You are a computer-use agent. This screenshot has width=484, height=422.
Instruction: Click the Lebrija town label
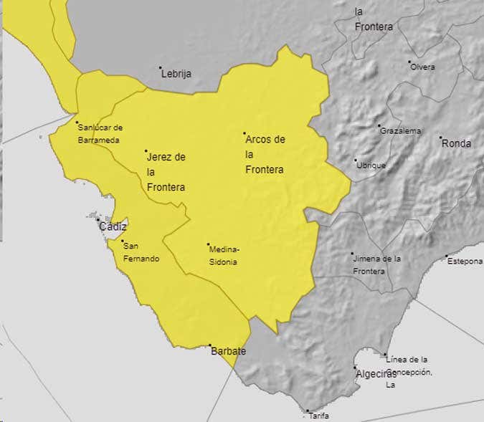(176, 73)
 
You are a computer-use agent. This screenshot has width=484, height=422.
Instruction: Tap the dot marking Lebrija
(161, 68)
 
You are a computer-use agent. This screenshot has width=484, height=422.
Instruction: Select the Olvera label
(424, 67)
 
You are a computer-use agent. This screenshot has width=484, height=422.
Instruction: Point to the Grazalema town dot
(380, 126)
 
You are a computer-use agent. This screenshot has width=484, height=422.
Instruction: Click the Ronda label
(457, 143)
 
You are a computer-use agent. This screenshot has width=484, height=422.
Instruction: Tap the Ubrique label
(371, 166)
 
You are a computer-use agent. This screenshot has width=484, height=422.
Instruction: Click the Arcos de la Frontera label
(265, 155)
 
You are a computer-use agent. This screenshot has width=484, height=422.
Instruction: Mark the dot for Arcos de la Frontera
(245, 133)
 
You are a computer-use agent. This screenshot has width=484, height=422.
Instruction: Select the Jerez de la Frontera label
(166, 172)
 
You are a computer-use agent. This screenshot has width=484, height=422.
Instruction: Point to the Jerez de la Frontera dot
(146, 151)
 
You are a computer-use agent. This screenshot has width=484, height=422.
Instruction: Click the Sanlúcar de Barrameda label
(100, 134)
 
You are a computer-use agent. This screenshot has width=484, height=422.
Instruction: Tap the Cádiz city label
(113, 226)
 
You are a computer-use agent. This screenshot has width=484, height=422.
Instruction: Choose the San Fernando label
(141, 252)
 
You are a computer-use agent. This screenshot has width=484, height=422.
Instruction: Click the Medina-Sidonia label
(224, 256)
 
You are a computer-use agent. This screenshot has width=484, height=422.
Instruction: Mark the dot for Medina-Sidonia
(209, 244)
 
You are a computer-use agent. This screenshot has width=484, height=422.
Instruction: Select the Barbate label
(229, 352)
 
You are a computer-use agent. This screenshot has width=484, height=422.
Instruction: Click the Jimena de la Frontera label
(376, 264)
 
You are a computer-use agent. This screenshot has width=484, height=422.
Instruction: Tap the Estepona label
(465, 262)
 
